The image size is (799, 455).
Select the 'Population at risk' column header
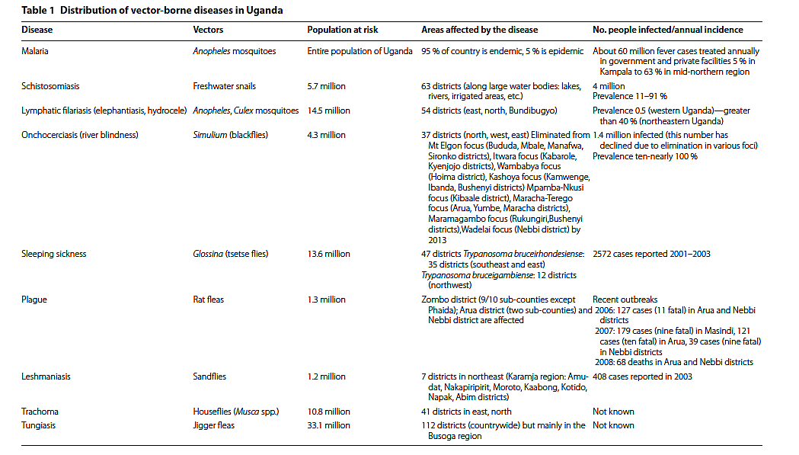[342, 30]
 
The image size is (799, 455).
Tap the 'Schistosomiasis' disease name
[51, 87]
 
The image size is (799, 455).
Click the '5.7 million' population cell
[324, 87]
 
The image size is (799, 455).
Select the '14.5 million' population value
[328, 111]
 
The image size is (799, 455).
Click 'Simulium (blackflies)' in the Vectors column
[231, 135]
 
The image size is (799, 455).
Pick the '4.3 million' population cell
[326, 135]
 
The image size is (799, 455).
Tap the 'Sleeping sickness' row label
[53, 254]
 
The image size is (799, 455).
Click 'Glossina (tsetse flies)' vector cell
[231, 254]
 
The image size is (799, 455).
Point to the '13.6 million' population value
[328, 254]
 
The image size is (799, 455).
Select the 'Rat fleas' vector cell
[209, 300]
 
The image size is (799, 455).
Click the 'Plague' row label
[34, 300]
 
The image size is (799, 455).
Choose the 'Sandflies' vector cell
[209, 376]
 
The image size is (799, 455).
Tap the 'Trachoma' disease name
[40, 412]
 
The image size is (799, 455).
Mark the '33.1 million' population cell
[328, 425]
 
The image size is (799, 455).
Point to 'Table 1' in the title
[37, 11]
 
